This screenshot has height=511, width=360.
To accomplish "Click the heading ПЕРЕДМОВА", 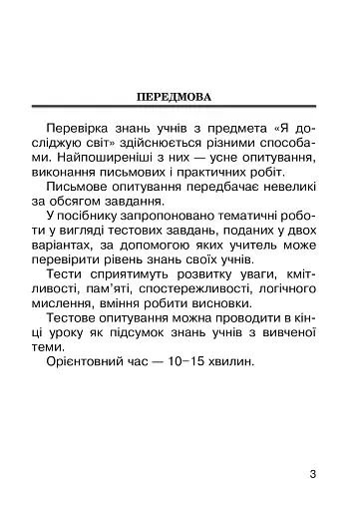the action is coord(179,98).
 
